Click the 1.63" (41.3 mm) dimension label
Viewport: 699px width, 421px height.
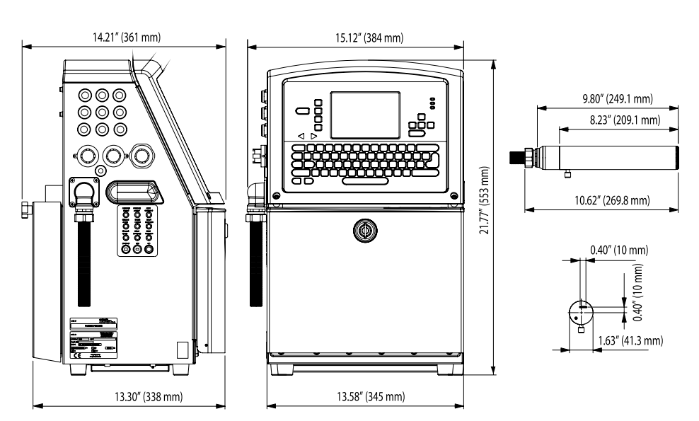click(626, 340)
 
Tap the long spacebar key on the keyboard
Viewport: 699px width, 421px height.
click(366, 181)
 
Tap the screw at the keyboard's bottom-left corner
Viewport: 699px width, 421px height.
click(277, 195)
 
